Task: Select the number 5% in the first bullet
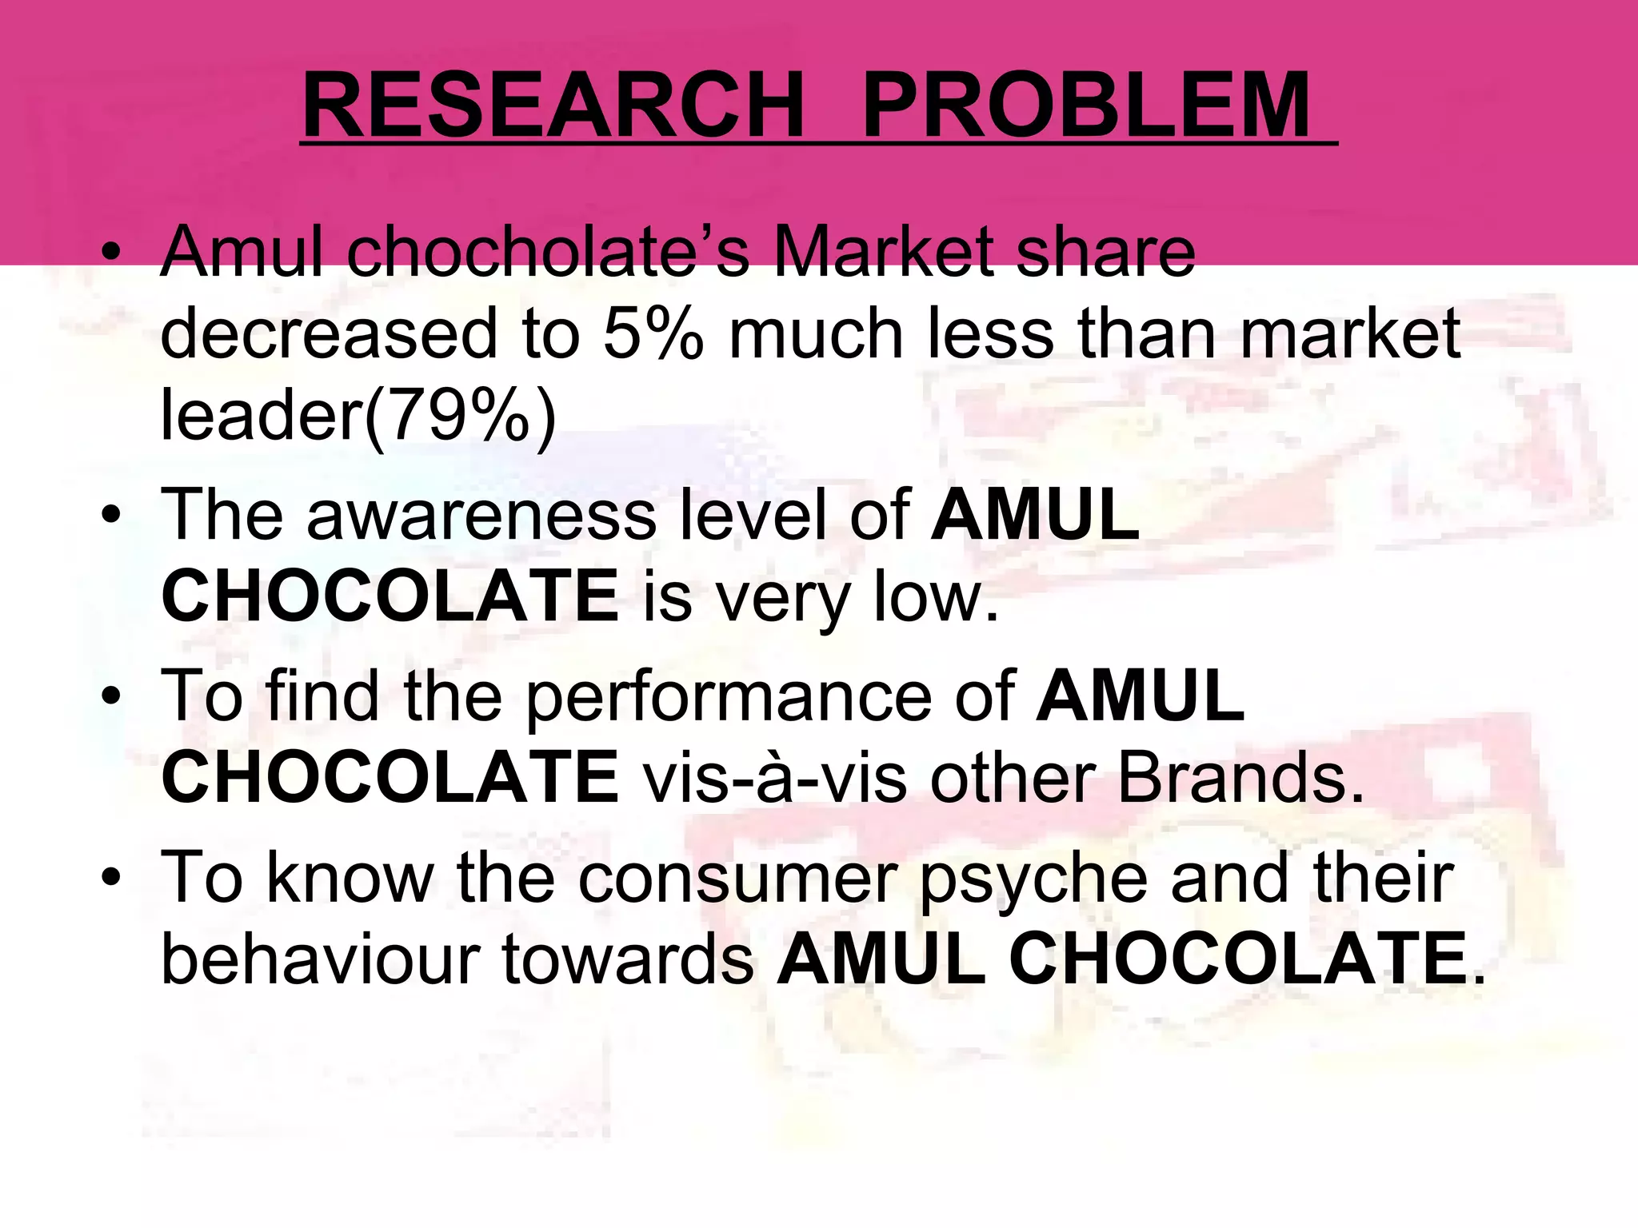[x=652, y=334]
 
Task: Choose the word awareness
[x=481, y=516]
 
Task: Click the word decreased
[x=329, y=334]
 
